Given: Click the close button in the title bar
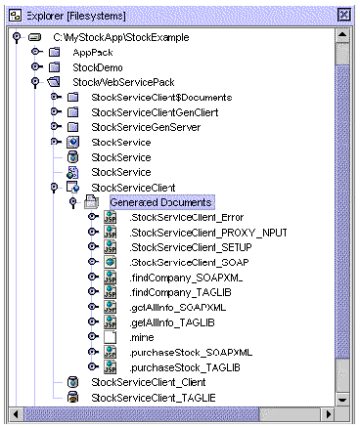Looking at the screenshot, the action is (343, 15).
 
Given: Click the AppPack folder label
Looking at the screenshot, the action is (94, 53).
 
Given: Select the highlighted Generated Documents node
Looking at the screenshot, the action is (146, 201).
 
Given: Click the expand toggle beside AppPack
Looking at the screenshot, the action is (36, 53).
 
